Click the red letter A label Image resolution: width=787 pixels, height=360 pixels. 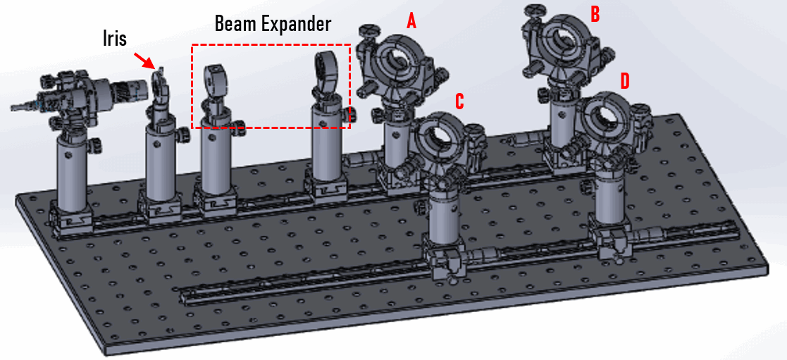[411, 21]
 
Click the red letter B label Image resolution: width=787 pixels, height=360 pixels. [595, 14]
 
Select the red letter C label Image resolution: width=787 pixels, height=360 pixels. [459, 101]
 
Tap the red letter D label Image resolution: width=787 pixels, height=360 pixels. [624, 80]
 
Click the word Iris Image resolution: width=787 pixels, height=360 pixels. [113, 38]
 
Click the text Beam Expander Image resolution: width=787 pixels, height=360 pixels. [272, 24]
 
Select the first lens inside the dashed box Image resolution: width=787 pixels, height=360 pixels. [213, 77]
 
